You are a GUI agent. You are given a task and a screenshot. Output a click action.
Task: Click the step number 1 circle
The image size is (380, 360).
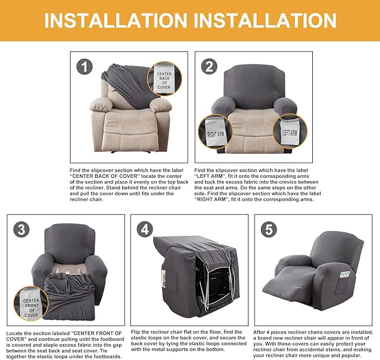click(85, 67)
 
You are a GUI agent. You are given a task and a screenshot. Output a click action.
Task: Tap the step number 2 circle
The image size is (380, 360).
click(209, 67)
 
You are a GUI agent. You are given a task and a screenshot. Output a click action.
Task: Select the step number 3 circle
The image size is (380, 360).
click(22, 229)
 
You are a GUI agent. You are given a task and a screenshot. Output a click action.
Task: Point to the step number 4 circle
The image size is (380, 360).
click(145, 229)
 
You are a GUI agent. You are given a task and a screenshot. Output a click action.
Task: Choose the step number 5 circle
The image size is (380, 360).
click(269, 229)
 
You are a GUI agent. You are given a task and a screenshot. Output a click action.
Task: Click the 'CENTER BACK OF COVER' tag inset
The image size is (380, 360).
click(165, 79)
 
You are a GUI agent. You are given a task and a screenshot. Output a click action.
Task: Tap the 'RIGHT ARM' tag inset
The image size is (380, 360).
click(215, 132)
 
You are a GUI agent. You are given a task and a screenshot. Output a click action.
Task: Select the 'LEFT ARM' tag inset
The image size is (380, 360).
click(290, 131)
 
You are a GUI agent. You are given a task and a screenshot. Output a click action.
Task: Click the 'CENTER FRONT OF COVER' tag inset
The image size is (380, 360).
click(31, 304)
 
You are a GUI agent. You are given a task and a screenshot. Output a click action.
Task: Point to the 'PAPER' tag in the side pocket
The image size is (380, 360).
click(345, 274)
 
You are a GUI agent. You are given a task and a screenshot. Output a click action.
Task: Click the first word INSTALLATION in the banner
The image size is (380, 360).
click(116, 21)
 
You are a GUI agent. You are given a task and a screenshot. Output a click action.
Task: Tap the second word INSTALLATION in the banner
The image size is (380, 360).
click(265, 21)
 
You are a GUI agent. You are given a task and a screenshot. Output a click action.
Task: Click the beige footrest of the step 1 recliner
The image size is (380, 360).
click(128, 142)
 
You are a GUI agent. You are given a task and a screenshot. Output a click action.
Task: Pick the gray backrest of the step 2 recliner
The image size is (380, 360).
click(254, 87)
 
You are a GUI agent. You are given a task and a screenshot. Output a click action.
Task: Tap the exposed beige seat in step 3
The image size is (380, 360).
click(69, 268)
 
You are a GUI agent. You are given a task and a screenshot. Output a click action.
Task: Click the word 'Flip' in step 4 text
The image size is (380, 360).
click(135, 332)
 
